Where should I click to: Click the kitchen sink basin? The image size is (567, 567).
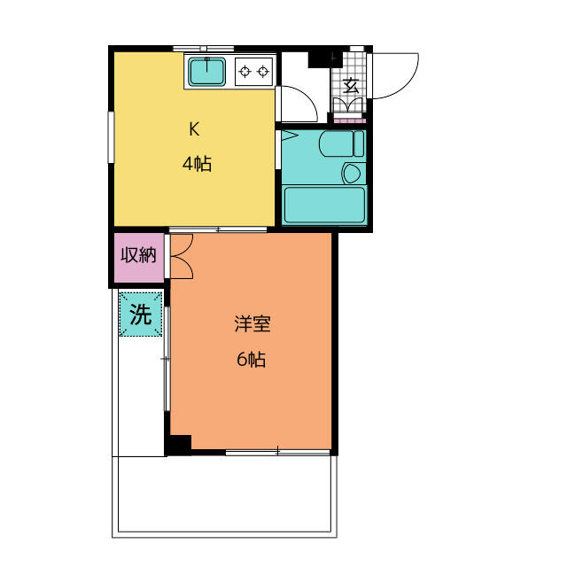point(206,72)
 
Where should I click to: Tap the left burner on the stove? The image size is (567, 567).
point(245,71)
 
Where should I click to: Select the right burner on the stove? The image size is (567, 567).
point(263,71)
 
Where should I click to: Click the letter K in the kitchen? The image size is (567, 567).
point(194,129)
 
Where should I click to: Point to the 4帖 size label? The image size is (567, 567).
point(197,164)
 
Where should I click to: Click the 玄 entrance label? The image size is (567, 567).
point(351,86)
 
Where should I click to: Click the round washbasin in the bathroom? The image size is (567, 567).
point(351,173)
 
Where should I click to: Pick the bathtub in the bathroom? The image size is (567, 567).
point(324,205)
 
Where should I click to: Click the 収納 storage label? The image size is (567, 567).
point(138,255)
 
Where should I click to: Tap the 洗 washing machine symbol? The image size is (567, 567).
point(141,315)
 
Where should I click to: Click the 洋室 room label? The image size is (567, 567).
point(252,323)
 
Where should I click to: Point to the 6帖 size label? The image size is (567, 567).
point(252,359)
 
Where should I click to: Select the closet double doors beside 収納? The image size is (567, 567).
point(182,256)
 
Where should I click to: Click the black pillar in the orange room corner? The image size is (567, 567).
point(178,445)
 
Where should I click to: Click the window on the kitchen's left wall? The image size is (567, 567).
point(111,137)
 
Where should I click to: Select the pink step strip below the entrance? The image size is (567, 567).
point(349,120)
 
